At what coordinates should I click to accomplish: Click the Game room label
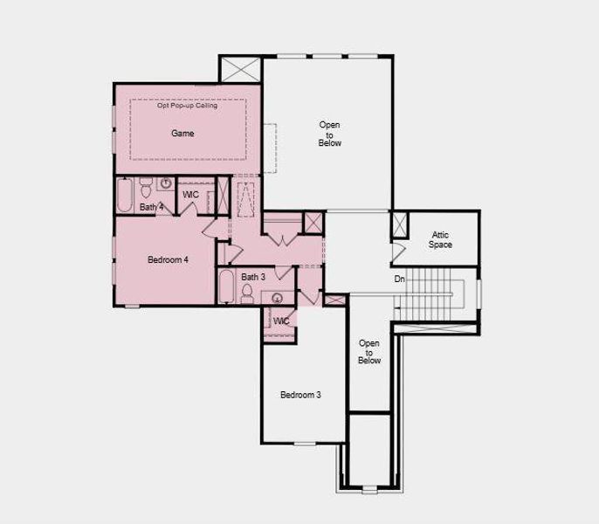(x=182, y=134)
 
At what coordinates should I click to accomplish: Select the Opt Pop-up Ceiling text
(x=188, y=106)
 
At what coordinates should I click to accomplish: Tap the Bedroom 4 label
(x=168, y=259)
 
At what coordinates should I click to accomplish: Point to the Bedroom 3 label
(x=300, y=395)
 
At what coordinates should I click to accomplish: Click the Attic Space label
(x=440, y=239)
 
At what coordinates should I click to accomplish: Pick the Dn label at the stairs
(x=399, y=279)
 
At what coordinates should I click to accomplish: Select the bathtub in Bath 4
(x=124, y=194)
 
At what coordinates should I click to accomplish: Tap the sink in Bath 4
(x=165, y=183)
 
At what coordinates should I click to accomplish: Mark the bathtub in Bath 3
(x=225, y=286)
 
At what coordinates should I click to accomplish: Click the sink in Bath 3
(x=278, y=298)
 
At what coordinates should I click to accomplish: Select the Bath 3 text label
(x=253, y=276)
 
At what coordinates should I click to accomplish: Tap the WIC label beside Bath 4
(x=191, y=194)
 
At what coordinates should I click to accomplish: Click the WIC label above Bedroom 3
(x=281, y=321)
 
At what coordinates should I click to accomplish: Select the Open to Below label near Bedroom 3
(x=369, y=351)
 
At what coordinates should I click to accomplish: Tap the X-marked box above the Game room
(x=241, y=70)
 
